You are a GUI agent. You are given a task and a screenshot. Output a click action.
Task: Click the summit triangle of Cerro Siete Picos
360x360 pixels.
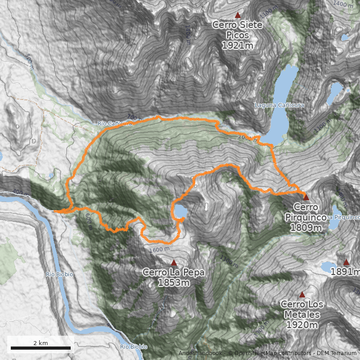238,15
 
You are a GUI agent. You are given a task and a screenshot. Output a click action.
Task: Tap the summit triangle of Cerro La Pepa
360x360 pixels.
174,262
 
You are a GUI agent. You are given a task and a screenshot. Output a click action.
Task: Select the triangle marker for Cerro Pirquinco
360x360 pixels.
306,197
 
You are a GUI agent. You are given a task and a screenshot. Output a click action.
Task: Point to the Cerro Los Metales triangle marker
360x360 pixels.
302,295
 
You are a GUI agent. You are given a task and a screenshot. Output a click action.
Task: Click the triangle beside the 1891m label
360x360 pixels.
346,262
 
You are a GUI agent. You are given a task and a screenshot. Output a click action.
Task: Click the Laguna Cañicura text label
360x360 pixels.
279,105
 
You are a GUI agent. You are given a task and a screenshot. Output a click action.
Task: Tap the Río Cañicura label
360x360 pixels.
115,123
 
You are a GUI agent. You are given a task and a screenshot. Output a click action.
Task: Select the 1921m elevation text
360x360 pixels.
237,45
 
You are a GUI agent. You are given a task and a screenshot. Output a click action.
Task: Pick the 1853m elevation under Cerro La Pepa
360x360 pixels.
174,283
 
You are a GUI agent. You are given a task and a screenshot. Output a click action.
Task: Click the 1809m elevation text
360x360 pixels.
306,228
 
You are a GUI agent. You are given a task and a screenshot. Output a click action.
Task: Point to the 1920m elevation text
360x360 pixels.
302,325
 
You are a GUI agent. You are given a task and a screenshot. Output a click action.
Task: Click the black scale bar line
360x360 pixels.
40,348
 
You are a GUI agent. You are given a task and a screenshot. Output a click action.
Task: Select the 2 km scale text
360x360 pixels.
40,343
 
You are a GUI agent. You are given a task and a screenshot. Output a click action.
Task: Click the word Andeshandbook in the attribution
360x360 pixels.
201,353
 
